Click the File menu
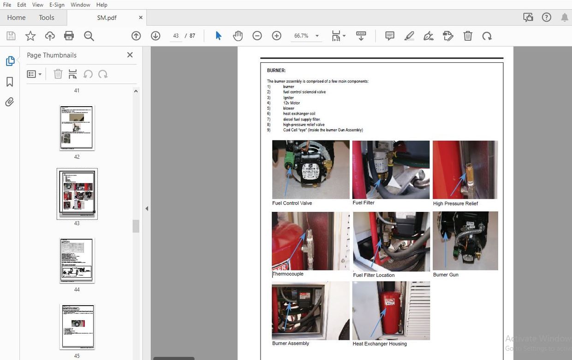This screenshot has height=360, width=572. pyautogui.click(x=7, y=5)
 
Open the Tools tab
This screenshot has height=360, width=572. pyautogui.click(x=47, y=18)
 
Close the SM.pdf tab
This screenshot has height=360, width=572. pyautogui.click(x=141, y=18)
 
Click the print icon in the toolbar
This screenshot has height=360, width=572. pyautogui.click(x=69, y=36)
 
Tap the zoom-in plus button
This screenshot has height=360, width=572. pyautogui.click(x=277, y=36)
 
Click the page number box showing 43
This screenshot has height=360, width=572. pyautogui.click(x=176, y=36)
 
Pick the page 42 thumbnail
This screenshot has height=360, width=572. pyautogui.click(x=77, y=127)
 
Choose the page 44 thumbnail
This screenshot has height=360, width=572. pyautogui.click(x=77, y=260)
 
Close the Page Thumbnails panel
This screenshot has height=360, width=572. pyautogui.click(x=130, y=55)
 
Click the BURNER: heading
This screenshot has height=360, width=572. pyautogui.click(x=276, y=71)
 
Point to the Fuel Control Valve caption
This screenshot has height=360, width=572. pyautogui.click(x=292, y=203)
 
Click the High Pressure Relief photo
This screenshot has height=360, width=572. pyautogui.click(x=465, y=169)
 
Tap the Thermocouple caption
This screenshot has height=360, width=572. pyautogui.click(x=288, y=274)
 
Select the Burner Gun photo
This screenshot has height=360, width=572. pyautogui.click(x=465, y=240)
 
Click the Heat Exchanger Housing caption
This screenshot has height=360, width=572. pyautogui.click(x=380, y=344)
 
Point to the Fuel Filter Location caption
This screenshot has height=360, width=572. pyautogui.click(x=374, y=275)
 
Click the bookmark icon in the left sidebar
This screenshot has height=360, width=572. pyautogui.click(x=10, y=82)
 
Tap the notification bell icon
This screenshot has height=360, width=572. pyautogui.click(x=565, y=18)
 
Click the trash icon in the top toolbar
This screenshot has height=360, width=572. pyautogui.click(x=468, y=36)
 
